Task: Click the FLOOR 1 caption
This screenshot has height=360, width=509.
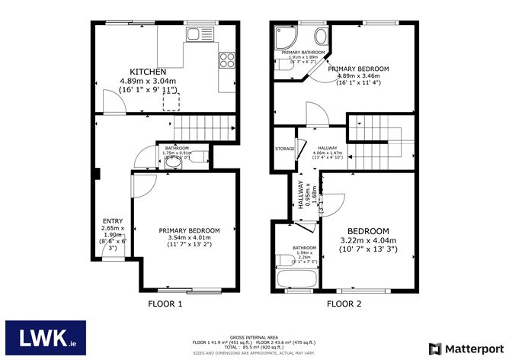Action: tap(165, 303)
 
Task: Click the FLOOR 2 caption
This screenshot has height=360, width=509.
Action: tap(344, 303)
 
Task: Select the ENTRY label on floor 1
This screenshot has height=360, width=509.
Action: tap(112, 221)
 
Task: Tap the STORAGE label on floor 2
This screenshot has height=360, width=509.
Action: tap(285, 149)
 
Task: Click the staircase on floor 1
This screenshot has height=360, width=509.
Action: tap(203, 126)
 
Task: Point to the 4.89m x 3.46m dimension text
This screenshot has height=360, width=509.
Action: tap(359, 77)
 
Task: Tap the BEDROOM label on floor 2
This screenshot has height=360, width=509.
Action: tap(368, 231)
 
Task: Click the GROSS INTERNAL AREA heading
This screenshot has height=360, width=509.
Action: tap(254, 335)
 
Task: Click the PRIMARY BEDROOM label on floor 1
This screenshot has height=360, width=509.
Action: tap(189, 230)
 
